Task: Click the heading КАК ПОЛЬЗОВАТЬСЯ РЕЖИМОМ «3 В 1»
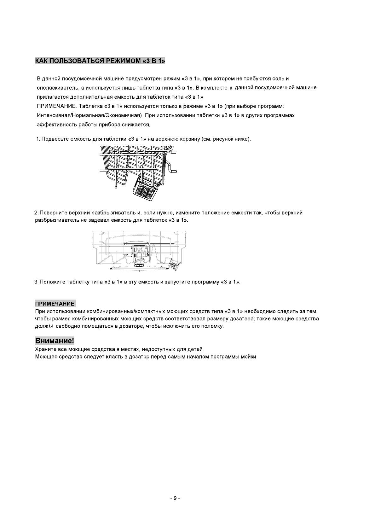pos(100,61)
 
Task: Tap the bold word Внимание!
pos(55,341)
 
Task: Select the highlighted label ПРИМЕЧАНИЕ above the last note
pos(55,304)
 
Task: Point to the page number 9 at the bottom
pos(175,498)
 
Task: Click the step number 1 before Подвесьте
pos(38,139)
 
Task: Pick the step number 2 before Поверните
pos(36,213)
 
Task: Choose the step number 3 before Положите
pos(36,282)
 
